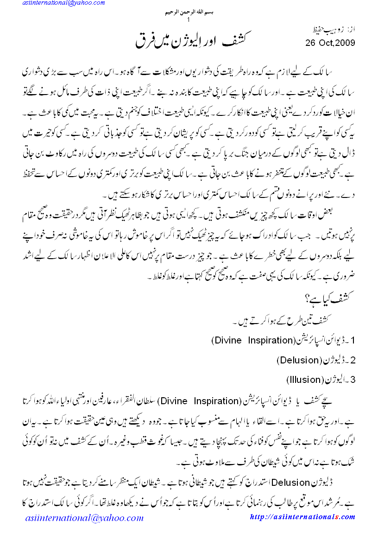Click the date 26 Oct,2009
coord(330,43)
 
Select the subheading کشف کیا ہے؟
coord(335,299)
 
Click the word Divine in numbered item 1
coord(226,340)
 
